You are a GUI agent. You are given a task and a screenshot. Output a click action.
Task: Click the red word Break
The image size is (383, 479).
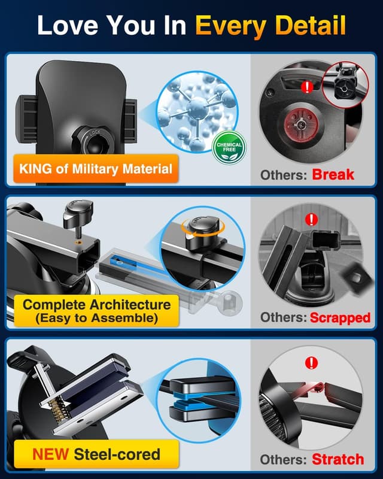(333, 175)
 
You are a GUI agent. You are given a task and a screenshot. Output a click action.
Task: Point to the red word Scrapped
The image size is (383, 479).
(340, 317)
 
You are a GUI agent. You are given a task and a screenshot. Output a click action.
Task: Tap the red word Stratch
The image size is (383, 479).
(338, 459)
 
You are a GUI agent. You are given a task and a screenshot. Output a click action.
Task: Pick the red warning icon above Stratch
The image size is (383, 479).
(311, 363)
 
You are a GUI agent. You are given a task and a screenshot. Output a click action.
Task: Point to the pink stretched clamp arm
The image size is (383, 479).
(311, 389)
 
